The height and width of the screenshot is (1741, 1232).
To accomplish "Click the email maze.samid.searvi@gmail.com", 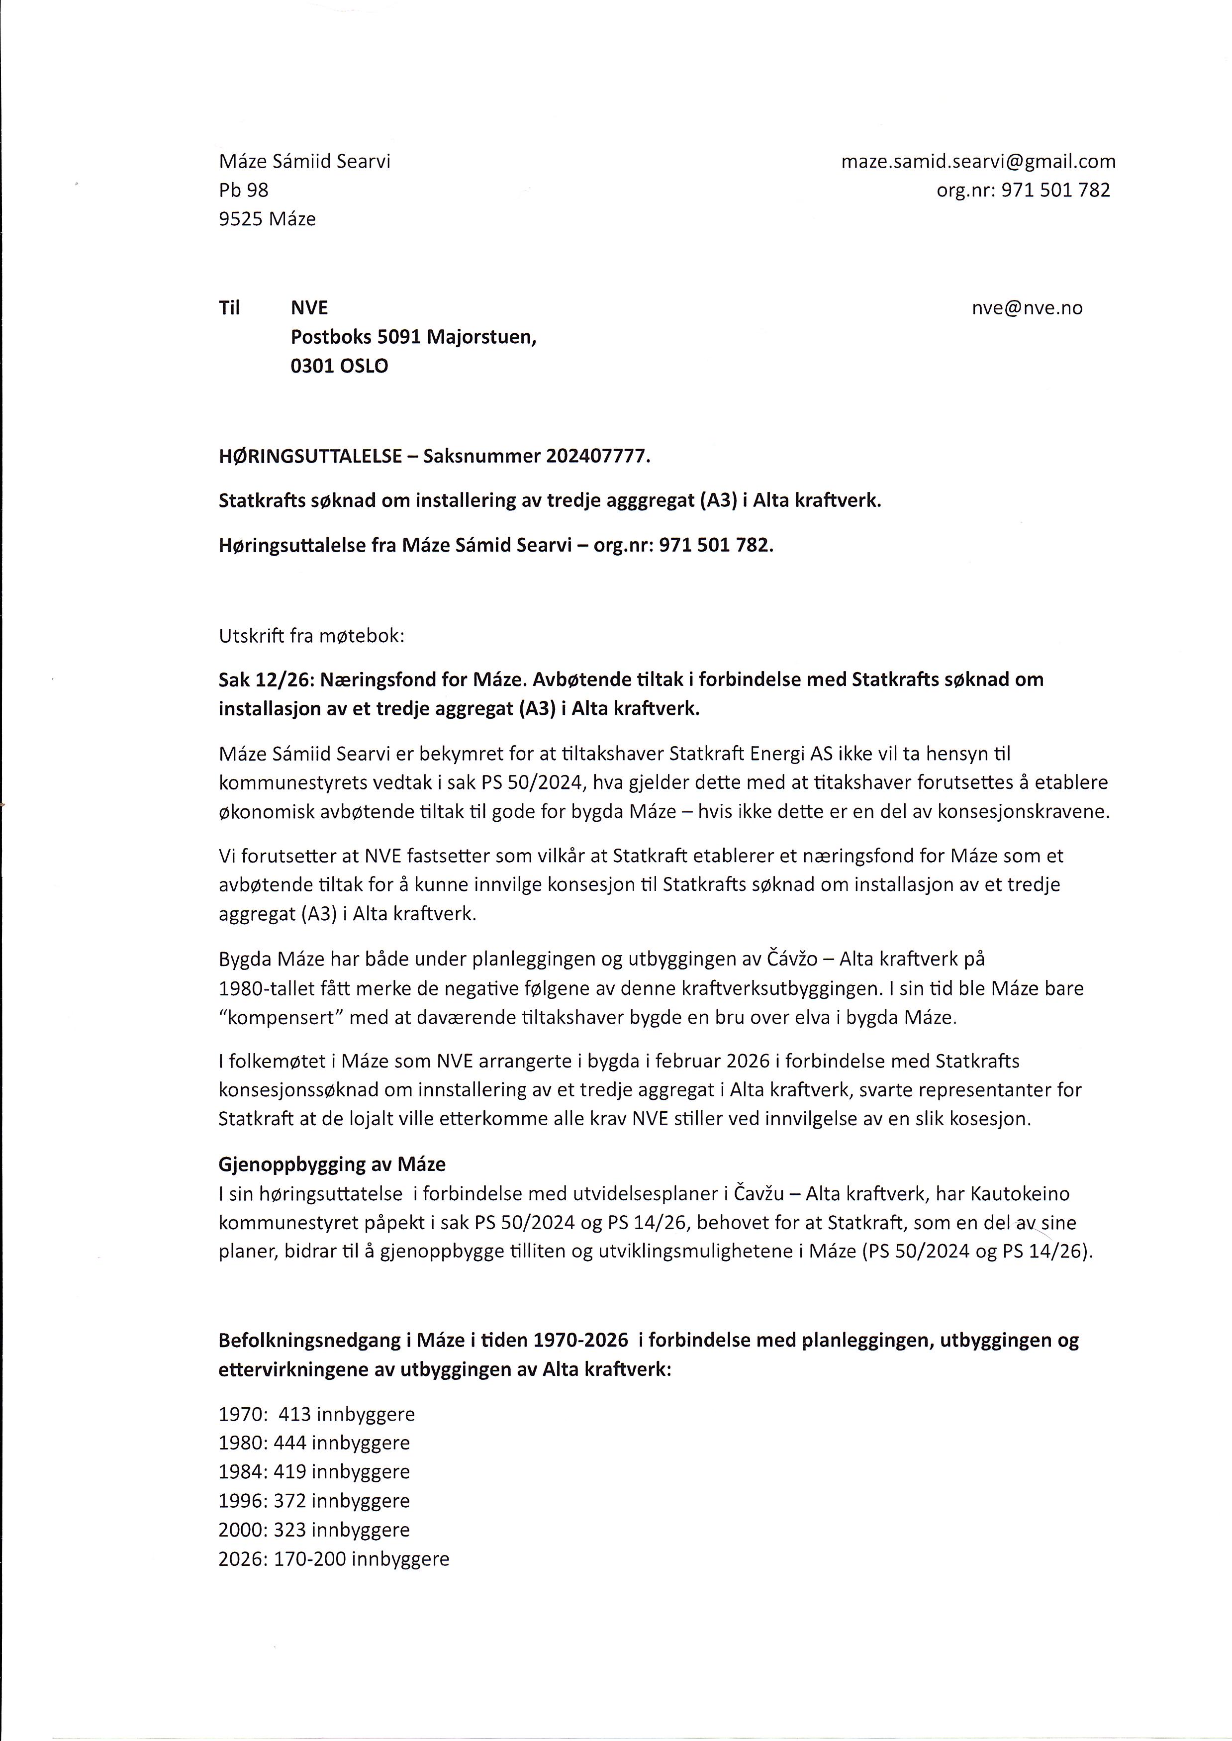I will tap(978, 162).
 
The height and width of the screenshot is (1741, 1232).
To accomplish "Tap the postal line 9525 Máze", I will tap(267, 219).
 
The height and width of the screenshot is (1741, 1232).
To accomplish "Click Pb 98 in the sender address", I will tap(244, 191).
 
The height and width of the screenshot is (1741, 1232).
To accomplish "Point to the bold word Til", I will tap(229, 308).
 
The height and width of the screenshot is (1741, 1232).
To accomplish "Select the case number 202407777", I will tap(596, 457).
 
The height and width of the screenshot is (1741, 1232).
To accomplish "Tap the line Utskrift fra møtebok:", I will tap(312, 636).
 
